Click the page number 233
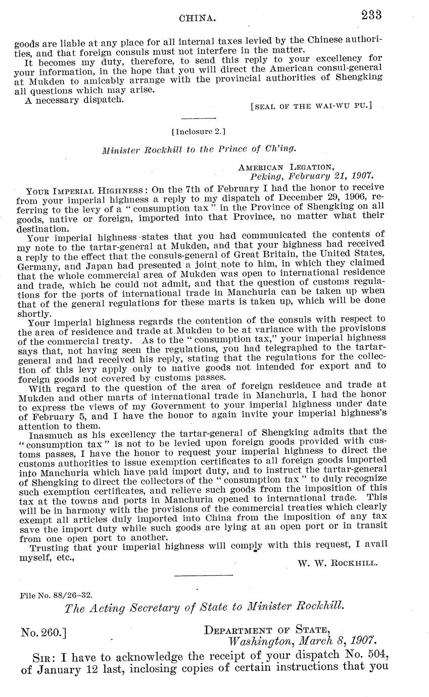(x=371, y=15)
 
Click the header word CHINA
(x=198, y=19)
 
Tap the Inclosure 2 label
(x=198, y=132)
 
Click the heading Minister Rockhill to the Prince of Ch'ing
(x=199, y=150)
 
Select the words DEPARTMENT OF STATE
(x=267, y=630)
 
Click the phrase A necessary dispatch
(x=74, y=100)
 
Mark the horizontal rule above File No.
(x=203, y=575)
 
